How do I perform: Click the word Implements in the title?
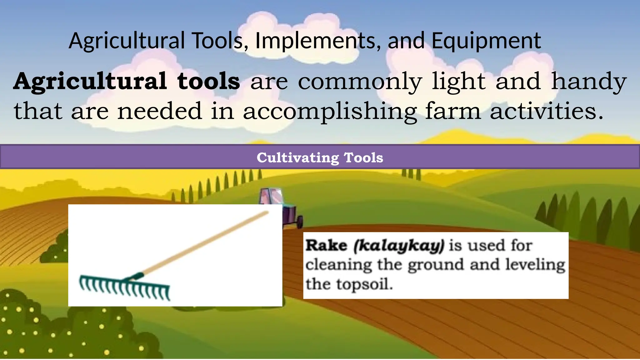click(x=315, y=41)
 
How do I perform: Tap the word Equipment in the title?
click(x=486, y=41)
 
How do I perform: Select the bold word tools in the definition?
click(x=208, y=81)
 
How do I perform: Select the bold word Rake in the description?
click(x=326, y=245)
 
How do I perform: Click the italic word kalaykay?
click(x=398, y=246)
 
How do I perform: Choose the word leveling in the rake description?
click(x=535, y=265)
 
